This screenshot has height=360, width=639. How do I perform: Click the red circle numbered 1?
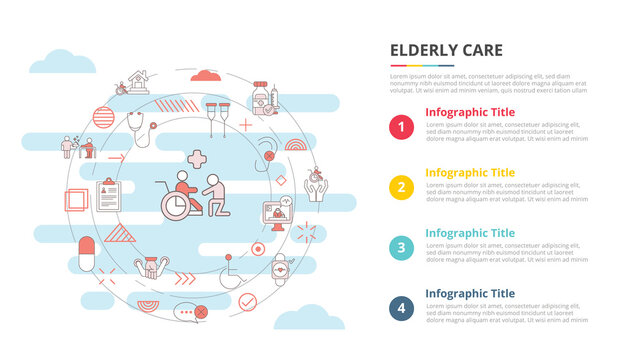(402, 127)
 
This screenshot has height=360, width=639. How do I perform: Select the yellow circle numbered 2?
(402, 187)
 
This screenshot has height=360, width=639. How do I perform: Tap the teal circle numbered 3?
(402, 247)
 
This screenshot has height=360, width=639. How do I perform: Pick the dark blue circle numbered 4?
(402, 307)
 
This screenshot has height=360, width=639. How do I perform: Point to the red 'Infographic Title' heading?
(470, 112)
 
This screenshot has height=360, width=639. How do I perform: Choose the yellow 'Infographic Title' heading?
(470, 172)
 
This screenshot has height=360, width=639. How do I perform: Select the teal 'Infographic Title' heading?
(470, 232)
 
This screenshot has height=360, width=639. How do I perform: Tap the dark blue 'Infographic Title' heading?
(470, 292)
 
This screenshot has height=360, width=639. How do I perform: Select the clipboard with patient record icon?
(107, 191)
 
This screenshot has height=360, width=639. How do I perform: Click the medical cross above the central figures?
(197, 160)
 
